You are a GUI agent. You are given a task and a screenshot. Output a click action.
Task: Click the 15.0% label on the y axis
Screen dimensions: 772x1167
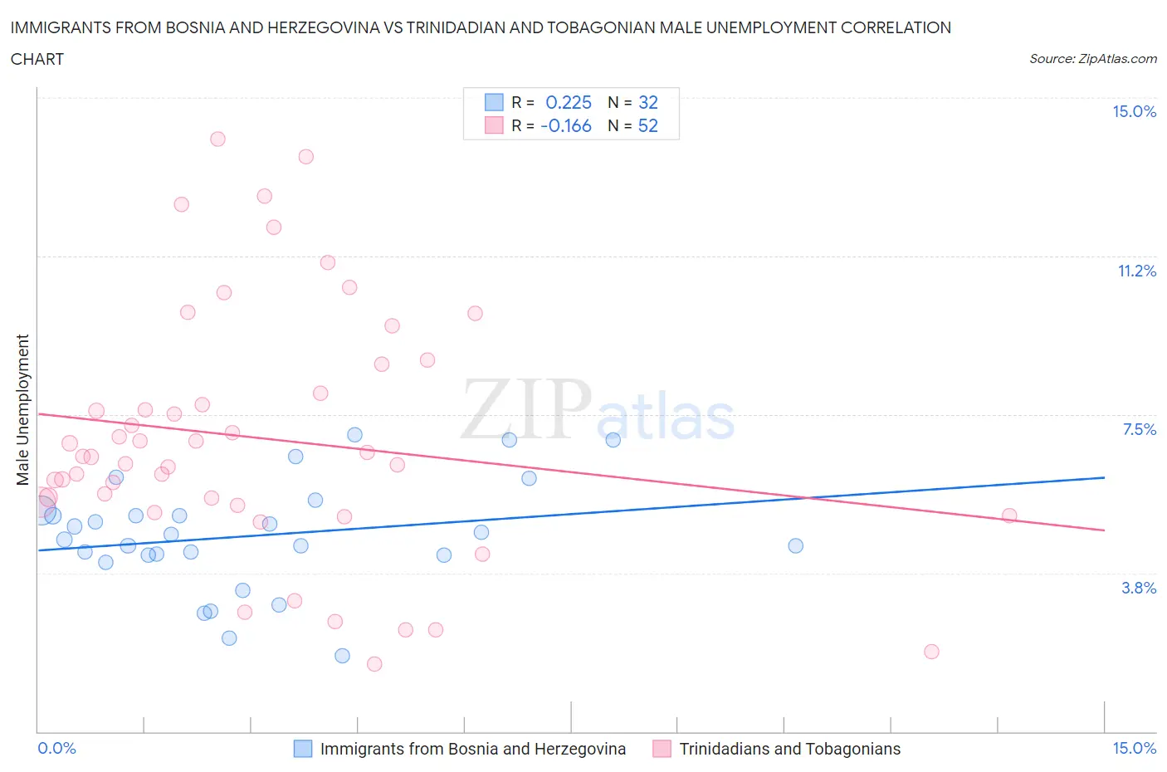pyautogui.click(x=1134, y=111)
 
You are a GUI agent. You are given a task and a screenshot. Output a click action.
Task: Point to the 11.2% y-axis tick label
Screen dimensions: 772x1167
pyautogui.click(x=1136, y=271)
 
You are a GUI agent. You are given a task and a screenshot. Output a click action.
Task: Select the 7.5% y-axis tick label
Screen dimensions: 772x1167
pyautogui.click(x=1139, y=429)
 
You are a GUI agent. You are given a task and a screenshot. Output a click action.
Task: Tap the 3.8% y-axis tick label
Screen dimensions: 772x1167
pyautogui.click(x=1139, y=588)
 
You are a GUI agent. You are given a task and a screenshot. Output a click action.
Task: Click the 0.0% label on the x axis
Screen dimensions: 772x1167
pyautogui.click(x=56, y=748)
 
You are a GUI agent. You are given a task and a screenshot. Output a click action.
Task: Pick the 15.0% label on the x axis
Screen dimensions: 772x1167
pyautogui.click(x=1134, y=748)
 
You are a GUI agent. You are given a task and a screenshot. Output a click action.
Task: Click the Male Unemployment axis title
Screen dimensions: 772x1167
pyautogui.click(x=22, y=409)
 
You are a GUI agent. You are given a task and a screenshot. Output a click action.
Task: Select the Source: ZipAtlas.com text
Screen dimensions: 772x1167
pyautogui.click(x=1092, y=59)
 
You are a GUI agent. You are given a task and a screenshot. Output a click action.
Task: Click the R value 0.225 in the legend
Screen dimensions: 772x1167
pyautogui.click(x=569, y=102)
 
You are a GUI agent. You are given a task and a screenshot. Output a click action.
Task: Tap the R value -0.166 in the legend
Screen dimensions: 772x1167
pyautogui.click(x=566, y=125)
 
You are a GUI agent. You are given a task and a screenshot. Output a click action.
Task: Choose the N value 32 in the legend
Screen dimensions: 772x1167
pyautogui.click(x=647, y=102)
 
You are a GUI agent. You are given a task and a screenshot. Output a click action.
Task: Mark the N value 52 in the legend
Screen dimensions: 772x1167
pyautogui.click(x=647, y=125)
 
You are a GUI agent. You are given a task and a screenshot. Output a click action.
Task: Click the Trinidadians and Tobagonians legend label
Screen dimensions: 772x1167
pyautogui.click(x=789, y=749)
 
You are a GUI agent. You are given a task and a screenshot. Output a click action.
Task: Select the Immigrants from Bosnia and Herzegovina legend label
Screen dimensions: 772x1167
pyautogui.click(x=472, y=749)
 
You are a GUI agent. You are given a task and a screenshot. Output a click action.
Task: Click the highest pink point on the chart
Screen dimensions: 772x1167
pyautogui.click(x=217, y=139)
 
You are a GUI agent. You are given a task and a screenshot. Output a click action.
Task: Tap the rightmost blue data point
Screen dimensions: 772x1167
pyautogui.click(x=795, y=545)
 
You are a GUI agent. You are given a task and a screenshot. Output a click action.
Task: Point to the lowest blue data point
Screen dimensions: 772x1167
pyautogui.click(x=342, y=656)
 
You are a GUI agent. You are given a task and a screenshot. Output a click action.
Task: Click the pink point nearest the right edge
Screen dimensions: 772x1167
pyautogui.click(x=1009, y=515)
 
